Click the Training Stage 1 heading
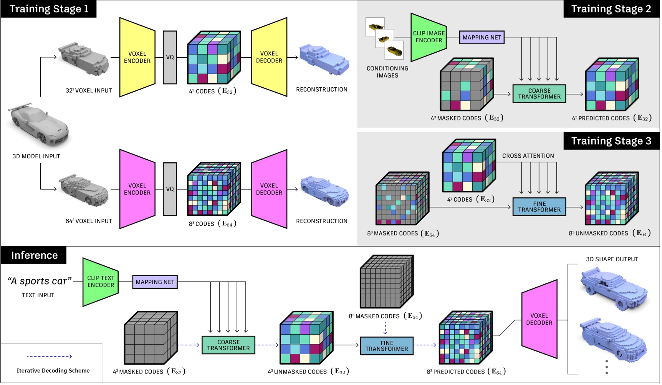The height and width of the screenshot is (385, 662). tap(49, 9)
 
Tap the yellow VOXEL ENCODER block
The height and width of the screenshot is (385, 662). tap(137, 57)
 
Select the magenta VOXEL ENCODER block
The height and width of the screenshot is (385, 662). tap(137, 189)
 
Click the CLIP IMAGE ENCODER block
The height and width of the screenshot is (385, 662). tap(429, 37)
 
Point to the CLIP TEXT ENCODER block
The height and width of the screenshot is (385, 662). tap(101, 282)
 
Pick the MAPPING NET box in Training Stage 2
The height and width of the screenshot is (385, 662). tap(482, 37)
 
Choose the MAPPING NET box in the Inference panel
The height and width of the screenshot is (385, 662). tap(155, 282)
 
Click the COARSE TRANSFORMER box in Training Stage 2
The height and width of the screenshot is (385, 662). tap(539, 93)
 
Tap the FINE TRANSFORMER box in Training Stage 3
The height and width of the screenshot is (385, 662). tap(539, 207)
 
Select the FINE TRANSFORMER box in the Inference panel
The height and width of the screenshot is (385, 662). tap(387, 346)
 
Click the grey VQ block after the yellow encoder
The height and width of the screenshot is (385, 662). tap(170, 57)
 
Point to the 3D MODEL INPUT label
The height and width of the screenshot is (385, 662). tap(36, 156)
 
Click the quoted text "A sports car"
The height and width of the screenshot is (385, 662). tap(40, 281)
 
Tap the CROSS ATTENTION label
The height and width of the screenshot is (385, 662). tap(528, 156)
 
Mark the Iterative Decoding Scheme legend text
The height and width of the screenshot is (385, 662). tap(53, 370)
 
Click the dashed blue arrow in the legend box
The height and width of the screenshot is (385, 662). tap(49, 357)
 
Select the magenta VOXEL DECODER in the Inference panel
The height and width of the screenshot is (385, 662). tap(539, 319)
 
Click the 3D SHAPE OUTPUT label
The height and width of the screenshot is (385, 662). tap(612, 259)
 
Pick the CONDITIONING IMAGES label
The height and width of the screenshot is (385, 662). tap(387, 72)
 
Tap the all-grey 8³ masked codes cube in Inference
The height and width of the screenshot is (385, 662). tap(386, 282)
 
